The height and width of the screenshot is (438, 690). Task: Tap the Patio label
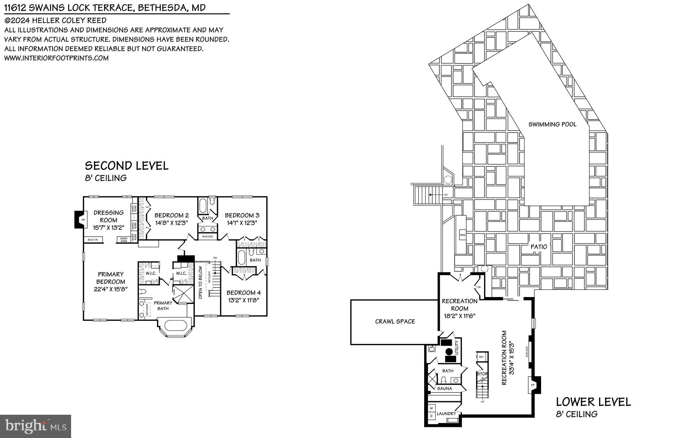[539, 247]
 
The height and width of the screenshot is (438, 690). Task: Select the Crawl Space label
[395, 322]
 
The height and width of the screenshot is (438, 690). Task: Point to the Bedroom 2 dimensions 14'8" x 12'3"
[171, 223]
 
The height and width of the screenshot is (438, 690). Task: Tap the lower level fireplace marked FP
[533, 385]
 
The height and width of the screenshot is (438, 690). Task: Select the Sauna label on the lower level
[444, 388]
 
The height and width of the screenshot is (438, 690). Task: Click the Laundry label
[446, 413]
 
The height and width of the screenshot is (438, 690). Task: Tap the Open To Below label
[200, 282]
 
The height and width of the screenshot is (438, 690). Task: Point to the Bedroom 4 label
[244, 293]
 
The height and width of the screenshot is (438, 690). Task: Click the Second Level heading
[127, 166]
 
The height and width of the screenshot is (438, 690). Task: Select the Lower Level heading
[593, 402]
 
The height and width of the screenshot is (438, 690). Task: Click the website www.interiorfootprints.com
[56, 58]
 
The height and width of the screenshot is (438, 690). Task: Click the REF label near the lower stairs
[481, 357]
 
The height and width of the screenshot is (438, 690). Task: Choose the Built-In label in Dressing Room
[93, 240]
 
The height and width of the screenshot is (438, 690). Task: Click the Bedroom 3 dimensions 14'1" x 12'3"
[242, 223]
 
